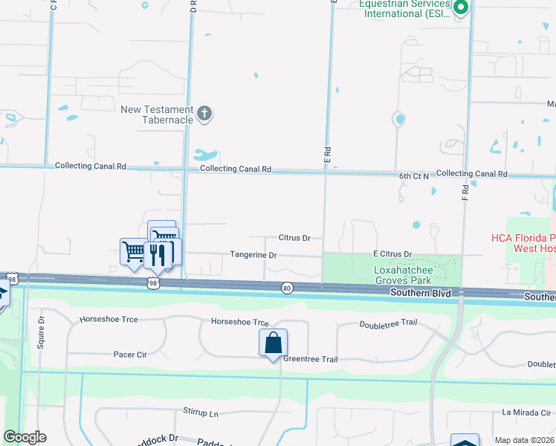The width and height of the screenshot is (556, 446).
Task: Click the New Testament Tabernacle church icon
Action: point(204,114)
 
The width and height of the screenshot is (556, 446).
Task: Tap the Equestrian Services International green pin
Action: point(461,8)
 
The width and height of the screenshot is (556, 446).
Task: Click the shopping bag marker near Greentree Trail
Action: point(273,343)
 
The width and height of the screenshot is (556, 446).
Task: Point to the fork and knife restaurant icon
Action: point(158,254)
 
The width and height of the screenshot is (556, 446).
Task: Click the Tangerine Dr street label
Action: point(253,255)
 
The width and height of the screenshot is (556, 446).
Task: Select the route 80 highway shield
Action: point(287,287)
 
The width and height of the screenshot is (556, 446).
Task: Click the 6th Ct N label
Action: point(414,176)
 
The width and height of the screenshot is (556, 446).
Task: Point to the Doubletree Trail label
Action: point(388,323)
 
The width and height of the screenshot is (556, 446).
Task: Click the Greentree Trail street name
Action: point(311,360)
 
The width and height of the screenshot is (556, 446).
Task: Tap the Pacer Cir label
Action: point(129,355)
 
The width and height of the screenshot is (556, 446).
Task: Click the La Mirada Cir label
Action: point(527,412)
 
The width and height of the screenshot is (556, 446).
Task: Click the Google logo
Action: point(25,437)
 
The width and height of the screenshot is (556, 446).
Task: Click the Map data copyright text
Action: point(525,440)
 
